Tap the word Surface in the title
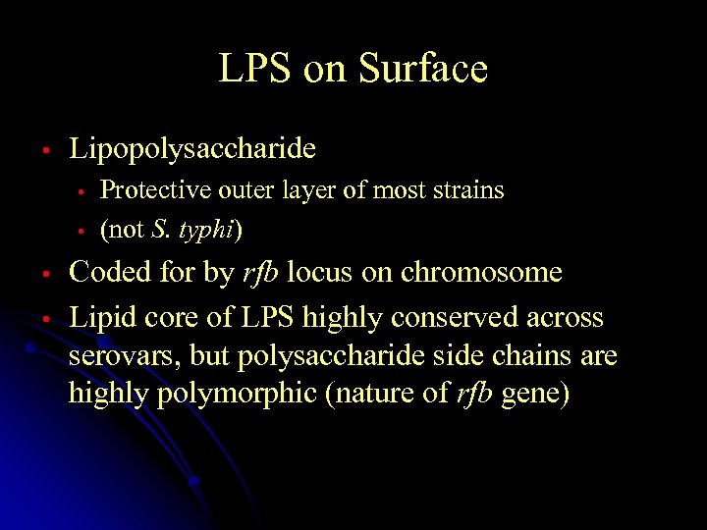coord(423,69)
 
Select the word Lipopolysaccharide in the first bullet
coord(192,149)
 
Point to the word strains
coord(468,190)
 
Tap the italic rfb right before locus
coord(259,272)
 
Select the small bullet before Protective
coord(83,191)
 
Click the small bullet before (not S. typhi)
coord(83,232)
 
